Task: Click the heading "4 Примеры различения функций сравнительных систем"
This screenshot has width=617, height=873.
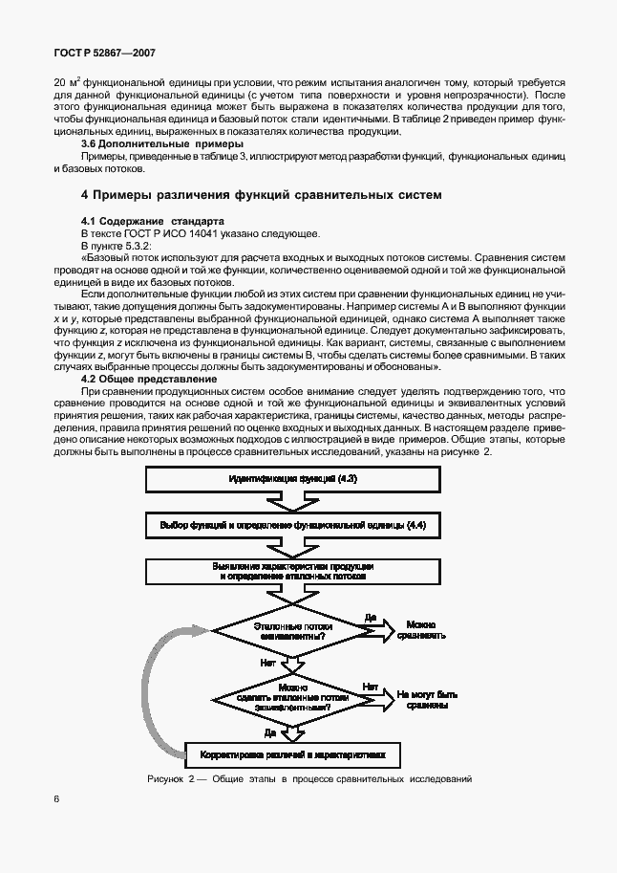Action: point(261,194)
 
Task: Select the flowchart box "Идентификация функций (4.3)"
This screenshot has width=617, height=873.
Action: point(292,478)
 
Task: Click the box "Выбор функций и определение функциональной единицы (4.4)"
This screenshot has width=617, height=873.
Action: point(292,525)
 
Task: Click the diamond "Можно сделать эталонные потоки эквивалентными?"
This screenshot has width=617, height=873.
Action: point(292,698)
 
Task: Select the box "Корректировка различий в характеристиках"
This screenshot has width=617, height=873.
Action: point(292,754)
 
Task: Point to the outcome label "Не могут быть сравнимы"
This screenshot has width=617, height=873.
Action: point(428,699)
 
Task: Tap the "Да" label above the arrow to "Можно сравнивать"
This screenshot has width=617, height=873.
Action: point(371,618)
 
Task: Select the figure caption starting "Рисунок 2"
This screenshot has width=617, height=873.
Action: point(309,778)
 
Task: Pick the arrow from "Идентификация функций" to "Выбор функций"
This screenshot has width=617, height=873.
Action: point(292,501)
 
